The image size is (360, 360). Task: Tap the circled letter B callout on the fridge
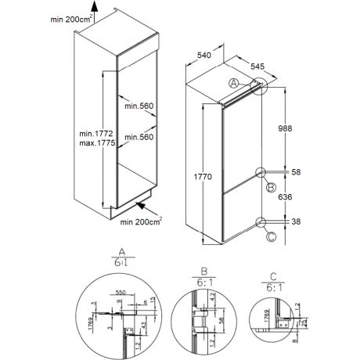[268, 187]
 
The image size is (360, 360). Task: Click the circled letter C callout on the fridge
[270, 236]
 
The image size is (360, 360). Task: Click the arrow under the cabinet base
[141, 206]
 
